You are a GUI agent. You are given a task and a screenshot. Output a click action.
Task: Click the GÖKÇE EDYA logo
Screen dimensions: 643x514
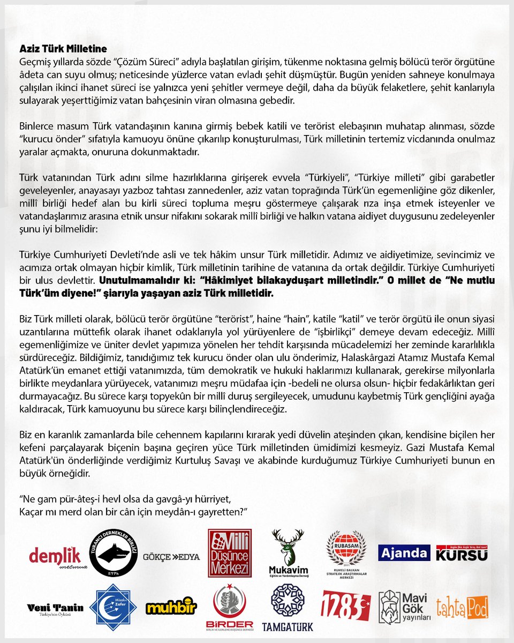click(x=171, y=557)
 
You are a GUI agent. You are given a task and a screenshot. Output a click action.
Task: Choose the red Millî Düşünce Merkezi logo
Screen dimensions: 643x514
click(x=230, y=553)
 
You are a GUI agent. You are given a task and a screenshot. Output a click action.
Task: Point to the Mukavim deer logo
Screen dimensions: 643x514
click(x=288, y=552)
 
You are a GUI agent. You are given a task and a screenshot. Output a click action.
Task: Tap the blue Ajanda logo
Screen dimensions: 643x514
click(x=404, y=553)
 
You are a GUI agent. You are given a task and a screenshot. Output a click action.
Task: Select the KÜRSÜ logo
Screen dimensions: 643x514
click(x=462, y=553)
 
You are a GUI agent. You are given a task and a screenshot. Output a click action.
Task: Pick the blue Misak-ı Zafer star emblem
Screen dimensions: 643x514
click(x=113, y=607)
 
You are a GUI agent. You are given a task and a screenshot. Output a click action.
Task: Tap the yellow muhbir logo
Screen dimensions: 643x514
click(x=171, y=607)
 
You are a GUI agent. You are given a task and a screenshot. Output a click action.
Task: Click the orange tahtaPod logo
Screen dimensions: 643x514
click(x=462, y=607)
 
